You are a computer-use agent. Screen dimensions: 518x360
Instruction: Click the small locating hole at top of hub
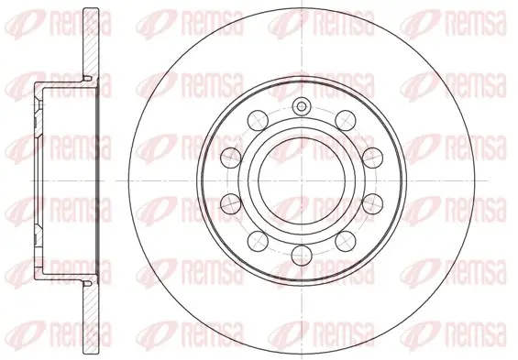click(302, 106)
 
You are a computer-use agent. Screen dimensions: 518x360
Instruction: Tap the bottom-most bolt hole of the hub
click(302, 255)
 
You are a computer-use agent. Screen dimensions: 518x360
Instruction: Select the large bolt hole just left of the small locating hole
click(258, 121)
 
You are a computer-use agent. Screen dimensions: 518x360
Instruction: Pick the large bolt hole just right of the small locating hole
click(346, 121)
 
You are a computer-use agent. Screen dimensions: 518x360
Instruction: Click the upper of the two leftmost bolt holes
click(231, 158)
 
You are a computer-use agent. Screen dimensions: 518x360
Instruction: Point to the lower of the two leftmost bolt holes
click(231, 203)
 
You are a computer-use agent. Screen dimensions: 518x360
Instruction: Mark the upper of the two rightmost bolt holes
click(372, 158)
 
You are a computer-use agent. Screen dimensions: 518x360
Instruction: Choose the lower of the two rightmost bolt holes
click(372, 203)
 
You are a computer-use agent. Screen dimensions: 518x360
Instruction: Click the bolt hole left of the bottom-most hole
click(258, 241)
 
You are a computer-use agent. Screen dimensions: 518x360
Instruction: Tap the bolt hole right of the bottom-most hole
click(346, 241)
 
